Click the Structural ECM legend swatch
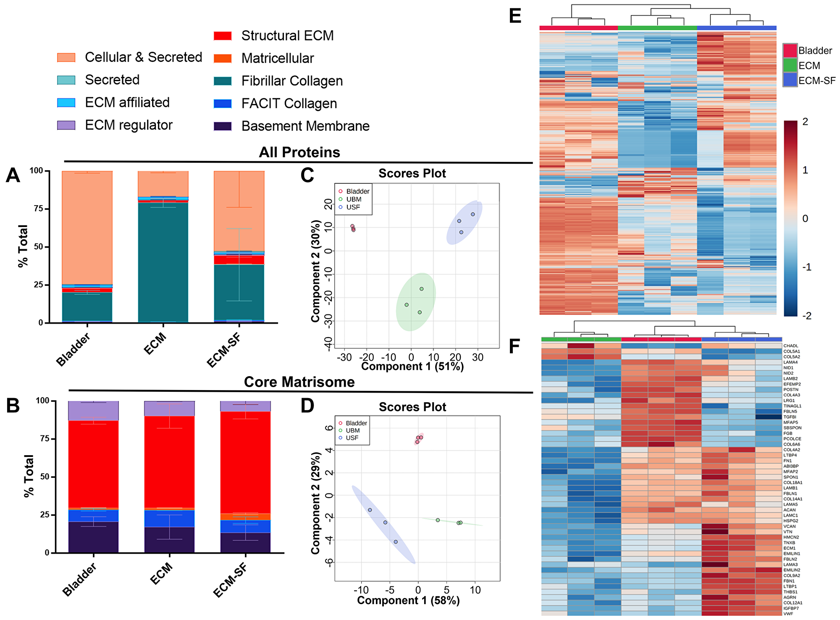click(x=223, y=36)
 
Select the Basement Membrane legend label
click(x=305, y=126)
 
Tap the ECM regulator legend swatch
click(x=66, y=125)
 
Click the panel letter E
click(x=515, y=17)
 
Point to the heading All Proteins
click(x=299, y=152)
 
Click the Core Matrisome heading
click(x=299, y=382)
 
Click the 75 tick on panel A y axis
click(x=38, y=209)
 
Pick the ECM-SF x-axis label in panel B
click(x=230, y=581)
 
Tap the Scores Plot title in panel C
click(x=412, y=173)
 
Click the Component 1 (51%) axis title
click(x=412, y=367)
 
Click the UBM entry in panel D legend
click(x=353, y=430)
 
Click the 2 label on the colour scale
click(x=805, y=122)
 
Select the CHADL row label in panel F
click(x=791, y=346)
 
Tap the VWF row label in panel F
click(x=788, y=614)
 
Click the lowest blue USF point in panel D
click(x=396, y=542)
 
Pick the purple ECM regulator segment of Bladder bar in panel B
click(x=94, y=411)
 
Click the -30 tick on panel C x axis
click(x=344, y=358)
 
